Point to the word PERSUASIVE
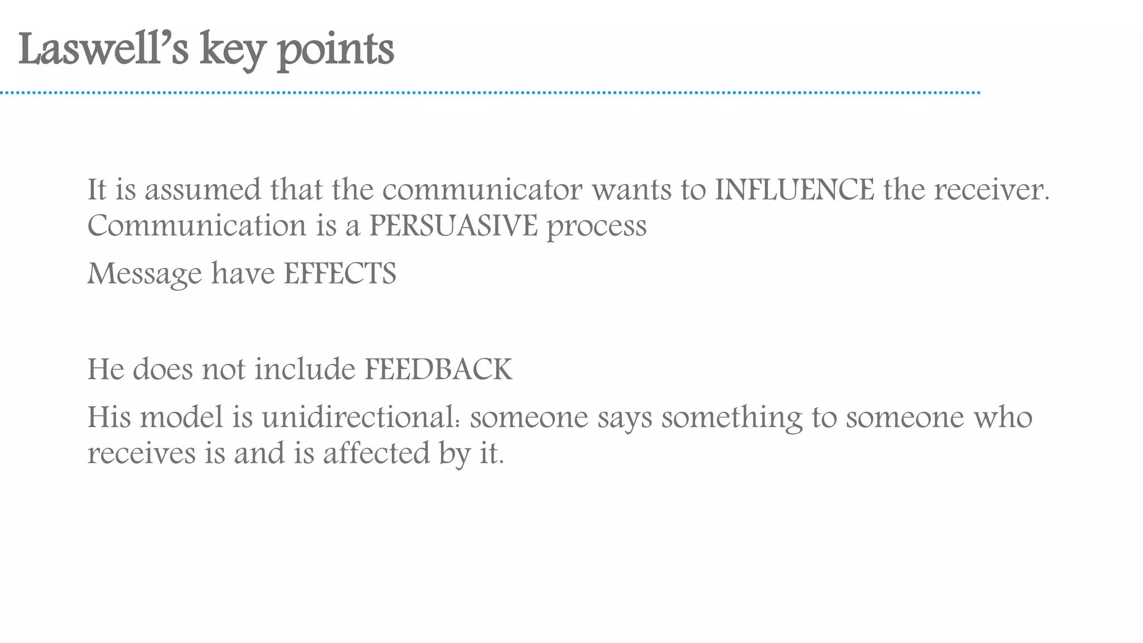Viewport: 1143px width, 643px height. (x=453, y=225)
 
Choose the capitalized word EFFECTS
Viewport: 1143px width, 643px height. (x=340, y=273)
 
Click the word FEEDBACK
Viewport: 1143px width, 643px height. (x=438, y=369)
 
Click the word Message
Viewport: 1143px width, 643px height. (x=145, y=274)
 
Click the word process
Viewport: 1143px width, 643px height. (x=597, y=227)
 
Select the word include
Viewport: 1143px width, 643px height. (x=305, y=369)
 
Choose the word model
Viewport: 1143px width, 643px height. (x=181, y=417)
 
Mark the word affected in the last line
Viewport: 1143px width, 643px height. (x=377, y=453)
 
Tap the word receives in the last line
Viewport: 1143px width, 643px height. (x=141, y=453)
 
